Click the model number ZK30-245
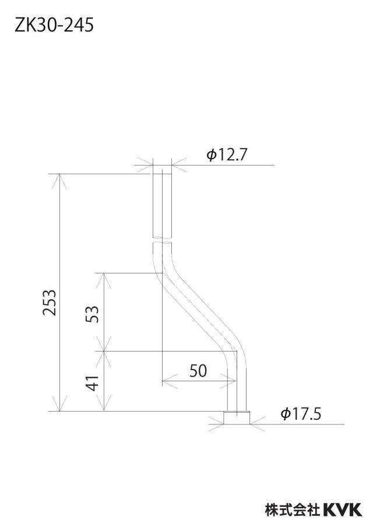(54, 25)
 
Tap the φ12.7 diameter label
(227, 155)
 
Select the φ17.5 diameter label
(301, 413)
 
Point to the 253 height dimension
(50, 302)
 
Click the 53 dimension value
(93, 314)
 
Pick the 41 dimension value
(93, 382)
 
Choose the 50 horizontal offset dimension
(198, 371)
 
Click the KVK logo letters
(343, 510)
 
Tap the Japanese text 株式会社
(292, 510)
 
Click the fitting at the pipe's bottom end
(237, 418)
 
